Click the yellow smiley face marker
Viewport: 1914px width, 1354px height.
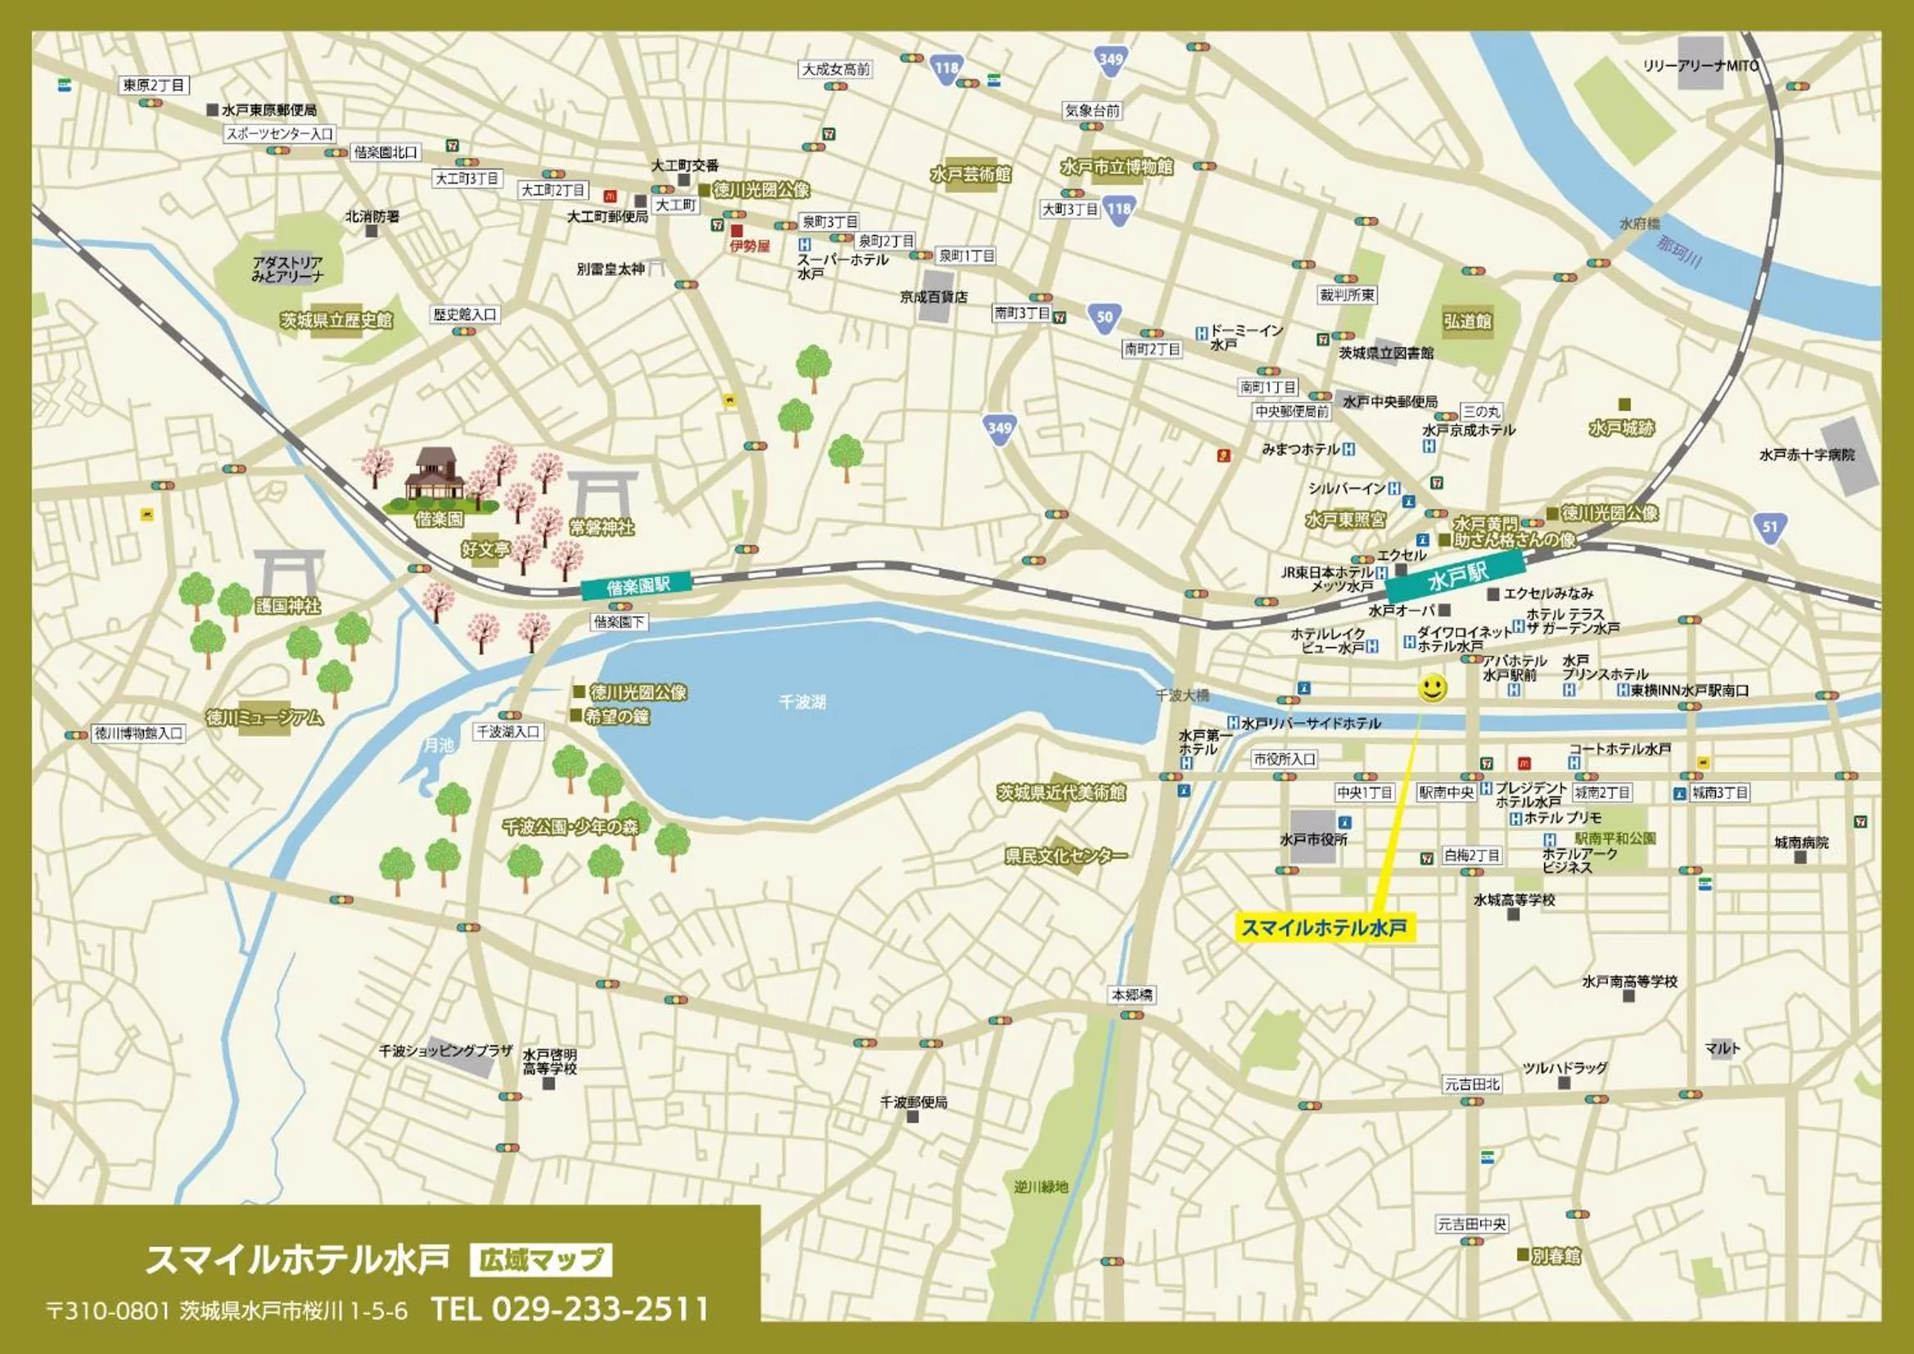(x=1432, y=688)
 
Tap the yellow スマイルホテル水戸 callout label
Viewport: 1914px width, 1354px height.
(x=1325, y=928)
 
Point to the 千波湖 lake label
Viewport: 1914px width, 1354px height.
(x=802, y=702)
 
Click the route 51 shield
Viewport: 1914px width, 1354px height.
(x=1770, y=527)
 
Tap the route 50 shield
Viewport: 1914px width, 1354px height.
(x=1104, y=318)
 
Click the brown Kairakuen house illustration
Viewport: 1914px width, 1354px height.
(x=435, y=476)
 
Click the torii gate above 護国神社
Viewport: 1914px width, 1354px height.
(x=288, y=571)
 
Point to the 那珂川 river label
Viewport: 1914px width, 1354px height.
(x=1679, y=250)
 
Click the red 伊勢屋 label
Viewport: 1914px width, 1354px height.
(x=749, y=246)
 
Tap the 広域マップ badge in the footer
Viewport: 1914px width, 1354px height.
(x=541, y=1259)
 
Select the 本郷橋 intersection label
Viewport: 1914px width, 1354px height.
(x=1132, y=995)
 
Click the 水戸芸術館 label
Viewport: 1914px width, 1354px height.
(x=970, y=174)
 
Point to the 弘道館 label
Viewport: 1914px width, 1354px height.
(x=1467, y=321)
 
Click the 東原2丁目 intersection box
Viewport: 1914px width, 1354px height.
(x=154, y=85)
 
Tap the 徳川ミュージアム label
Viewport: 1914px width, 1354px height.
(x=264, y=718)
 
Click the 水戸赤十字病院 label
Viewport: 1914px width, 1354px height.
(x=1808, y=455)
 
